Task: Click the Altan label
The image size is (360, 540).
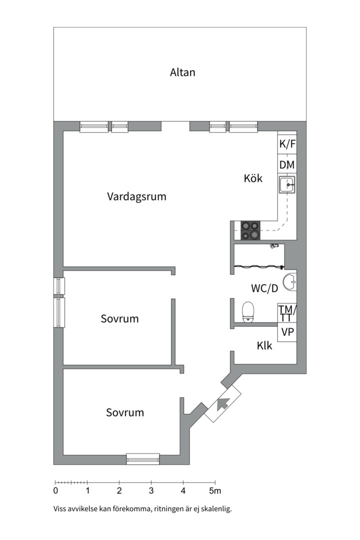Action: click(x=182, y=72)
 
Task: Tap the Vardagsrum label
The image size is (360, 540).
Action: click(x=136, y=196)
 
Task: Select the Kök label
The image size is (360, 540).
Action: click(x=253, y=178)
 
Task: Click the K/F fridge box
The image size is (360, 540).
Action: click(x=287, y=144)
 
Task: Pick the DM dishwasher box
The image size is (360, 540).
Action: click(x=287, y=164)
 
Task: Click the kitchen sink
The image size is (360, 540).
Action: click(x=287, y=185)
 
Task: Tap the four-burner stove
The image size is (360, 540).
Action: click(x=250, y=230)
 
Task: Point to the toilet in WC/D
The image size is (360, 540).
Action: click(x=247, y=312)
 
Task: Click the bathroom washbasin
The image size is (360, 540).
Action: click(x=289, y=282)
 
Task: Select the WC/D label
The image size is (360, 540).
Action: click(x=264, y=288)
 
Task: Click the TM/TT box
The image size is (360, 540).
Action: click(x=287, y=313)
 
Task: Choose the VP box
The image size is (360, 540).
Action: click(x=287, y=331)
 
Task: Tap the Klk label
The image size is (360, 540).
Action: click(x=264, y=345)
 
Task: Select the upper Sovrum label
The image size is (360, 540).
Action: click(x=119, y=318)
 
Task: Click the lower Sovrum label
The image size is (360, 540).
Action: click(x=125, y=412)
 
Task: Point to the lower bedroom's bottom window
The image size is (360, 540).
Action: click(x=142, y=458)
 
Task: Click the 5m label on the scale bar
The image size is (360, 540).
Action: click(x=215, y=490)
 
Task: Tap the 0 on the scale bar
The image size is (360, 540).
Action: click(x=55, y=490)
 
